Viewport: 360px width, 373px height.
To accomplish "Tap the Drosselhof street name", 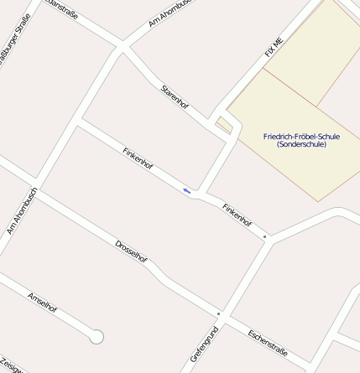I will (x=132, y=254).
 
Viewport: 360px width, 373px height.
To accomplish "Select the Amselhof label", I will (x=42, y=302).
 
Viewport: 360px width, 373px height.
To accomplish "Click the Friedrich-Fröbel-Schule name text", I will (x=300, y=136).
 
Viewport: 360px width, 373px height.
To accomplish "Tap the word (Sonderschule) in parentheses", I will (x=300, y=145).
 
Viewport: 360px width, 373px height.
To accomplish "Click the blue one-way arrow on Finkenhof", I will (x=186, y=191).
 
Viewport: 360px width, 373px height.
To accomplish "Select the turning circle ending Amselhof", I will (x=97, y=337).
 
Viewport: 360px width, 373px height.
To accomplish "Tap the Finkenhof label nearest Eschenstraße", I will (x=237, y=215).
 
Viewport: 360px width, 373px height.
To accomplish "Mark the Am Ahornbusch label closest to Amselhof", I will (x=22, y=210).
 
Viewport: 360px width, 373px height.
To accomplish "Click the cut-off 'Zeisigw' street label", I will (x=10, y=365).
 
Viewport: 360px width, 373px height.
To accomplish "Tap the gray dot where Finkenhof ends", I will (x=265, y=237).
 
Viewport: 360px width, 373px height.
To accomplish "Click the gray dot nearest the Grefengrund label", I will (x=218, y=313).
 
